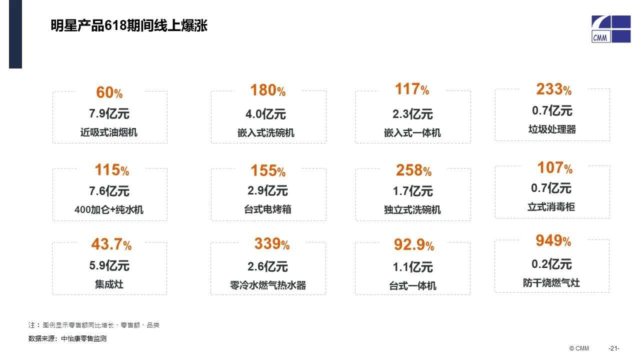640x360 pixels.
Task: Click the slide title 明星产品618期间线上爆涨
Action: click(129, 25)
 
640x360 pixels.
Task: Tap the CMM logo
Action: click(611, 29)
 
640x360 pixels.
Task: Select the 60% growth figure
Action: click(109, 93)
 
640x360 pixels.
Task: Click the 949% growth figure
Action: click(553, 241)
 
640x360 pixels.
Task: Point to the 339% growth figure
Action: click(271, 244)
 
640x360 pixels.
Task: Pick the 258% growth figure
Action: click(413, 171)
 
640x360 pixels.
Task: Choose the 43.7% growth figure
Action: click(111, 245)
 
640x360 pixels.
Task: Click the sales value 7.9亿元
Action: click(109, 114)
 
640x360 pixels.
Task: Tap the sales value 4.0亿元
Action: click(265, 114)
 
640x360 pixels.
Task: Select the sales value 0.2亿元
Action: click(551, 264)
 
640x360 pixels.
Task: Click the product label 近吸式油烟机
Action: click(109, 133)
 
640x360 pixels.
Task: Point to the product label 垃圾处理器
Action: click(552, 129)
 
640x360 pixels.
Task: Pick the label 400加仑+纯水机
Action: click(109, 210)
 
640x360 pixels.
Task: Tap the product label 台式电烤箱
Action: click(267, 210)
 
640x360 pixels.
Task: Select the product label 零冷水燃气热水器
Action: click(267, 285)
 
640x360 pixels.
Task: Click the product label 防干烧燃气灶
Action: click(551, 283)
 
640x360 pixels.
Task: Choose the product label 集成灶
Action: click(109, 284)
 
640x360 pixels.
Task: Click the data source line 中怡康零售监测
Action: click(67, 339)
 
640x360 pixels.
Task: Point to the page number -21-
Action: click(613, 348)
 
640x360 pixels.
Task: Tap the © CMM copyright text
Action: click(579, 348)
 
